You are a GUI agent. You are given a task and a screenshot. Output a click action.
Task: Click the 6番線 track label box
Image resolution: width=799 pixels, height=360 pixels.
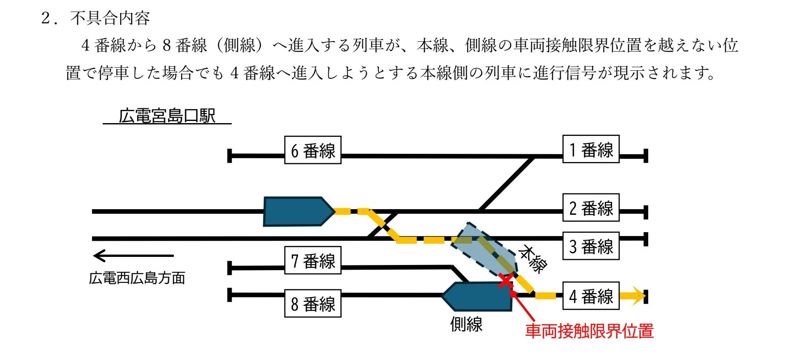pyautogui.click(x=313, y=150)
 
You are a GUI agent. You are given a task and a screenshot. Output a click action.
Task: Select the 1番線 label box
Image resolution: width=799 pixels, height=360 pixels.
pyautogui.click(x=591, y=149)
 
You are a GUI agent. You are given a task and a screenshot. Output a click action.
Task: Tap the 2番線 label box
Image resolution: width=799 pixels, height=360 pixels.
pyautogui.click(x=591, y=207)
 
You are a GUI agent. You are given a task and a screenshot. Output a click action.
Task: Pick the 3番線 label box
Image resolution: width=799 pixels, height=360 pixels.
pyautogui.click(x=591, y=246)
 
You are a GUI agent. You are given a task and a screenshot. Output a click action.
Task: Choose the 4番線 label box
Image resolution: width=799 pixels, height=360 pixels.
pyautogui.click(x=591, y=296)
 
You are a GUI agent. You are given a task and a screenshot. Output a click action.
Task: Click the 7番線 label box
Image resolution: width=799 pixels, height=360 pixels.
pyautogui.click(x=313, y=260)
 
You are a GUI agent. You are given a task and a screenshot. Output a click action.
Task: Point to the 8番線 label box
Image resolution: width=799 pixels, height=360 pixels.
pyautogui.click(x=313, y=303)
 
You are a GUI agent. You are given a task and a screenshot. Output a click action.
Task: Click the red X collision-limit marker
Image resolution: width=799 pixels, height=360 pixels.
pyautogui.click(x=506, y=281)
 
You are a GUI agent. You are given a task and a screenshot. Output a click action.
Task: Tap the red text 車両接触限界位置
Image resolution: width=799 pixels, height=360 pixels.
pyautogui.click(x=589, y=331)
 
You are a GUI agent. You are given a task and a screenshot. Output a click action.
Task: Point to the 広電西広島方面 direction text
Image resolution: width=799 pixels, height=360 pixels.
pyautogui.click(x=137, y=278)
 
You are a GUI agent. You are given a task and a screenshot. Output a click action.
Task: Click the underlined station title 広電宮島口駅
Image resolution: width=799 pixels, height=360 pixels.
pyautogui.click(x=167, y=116)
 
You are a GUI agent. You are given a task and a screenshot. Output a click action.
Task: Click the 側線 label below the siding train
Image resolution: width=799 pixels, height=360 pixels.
pyautogui.click(x=466, y=324)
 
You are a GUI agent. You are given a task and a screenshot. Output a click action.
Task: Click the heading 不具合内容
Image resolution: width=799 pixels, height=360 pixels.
pyautogui.click(x=110, y=18)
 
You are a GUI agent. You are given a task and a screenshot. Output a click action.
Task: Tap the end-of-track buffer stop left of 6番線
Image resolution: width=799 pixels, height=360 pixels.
pyautogui.click(x=230, y=156)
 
